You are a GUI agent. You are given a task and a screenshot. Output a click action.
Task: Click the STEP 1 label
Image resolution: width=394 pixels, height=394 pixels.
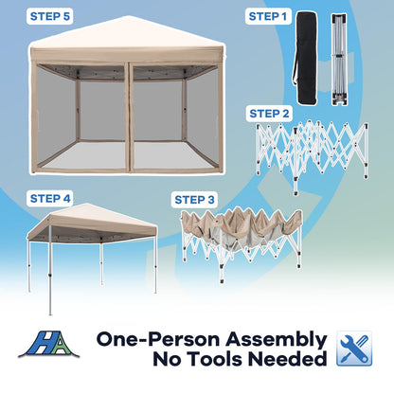click(x=268, y=16)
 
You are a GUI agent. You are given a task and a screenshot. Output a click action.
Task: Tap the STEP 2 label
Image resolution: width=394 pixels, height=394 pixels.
click(x=269, y=114)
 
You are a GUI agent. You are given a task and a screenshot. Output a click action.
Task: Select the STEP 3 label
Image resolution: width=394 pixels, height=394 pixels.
click(x=194, y=200)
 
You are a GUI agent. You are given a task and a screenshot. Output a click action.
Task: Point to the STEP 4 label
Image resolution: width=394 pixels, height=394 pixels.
click(x=50, y=199)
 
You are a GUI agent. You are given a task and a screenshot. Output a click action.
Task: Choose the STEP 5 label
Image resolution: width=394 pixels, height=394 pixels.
click(x=50, y=16)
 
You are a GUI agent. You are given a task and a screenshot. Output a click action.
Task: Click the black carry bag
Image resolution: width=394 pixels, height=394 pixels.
click(x=306, y=58)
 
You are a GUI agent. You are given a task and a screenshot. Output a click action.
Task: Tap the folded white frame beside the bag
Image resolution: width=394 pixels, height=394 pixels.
click(x=339, y=59)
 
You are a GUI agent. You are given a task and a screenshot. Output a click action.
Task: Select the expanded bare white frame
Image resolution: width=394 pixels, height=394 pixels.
click(x=313, y=154)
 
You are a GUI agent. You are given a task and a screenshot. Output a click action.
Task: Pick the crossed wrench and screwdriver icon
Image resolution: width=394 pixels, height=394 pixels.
click(x=354, y=349)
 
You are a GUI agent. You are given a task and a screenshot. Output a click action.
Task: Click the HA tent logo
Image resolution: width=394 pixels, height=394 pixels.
click(x=49, y=344)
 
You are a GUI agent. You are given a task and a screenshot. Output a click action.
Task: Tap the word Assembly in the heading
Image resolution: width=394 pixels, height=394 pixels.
click(x=277, y=340)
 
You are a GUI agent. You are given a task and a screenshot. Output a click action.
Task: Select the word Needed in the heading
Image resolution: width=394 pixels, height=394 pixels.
click(x=287, y=359)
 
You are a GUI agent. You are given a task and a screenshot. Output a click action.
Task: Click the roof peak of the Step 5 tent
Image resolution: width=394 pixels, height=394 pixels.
click(x=127, y=16)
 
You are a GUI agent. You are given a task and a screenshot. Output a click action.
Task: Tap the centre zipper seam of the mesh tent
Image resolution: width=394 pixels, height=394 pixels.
click(x=128, y=117)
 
